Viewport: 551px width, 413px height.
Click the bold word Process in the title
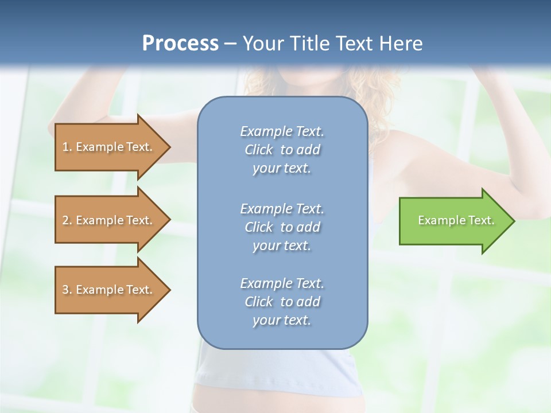click(x=180, y=44)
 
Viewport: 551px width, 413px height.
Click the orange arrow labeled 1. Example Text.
click(x=109, y=147)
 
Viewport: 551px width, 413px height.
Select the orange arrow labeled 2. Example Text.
click(x=109, y=220)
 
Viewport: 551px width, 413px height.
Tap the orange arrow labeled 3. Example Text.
click(x=109, y=290)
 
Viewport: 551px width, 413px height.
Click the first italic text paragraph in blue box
click(x=282, y=150)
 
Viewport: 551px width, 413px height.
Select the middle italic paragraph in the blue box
click(x=282, y=227)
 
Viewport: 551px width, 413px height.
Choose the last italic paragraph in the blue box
click(x=282, y=302)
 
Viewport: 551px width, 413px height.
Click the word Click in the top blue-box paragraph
click(x=259, y=150)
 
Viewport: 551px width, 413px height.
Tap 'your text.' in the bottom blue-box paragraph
click(x=282, y=320)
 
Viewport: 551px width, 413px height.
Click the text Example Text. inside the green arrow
click(x=456, y=220)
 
